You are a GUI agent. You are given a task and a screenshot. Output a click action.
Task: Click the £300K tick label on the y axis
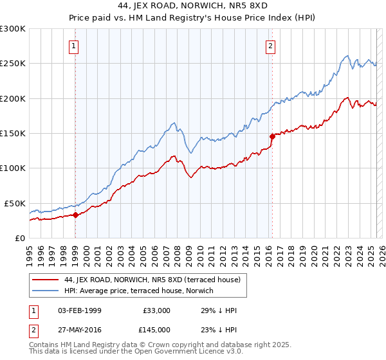point(13,29)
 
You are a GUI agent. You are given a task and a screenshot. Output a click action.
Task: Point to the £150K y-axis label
point(13,133)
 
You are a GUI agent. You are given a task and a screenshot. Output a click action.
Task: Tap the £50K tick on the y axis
point(15,203)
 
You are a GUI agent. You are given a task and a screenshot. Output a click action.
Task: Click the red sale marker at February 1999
point(76,215)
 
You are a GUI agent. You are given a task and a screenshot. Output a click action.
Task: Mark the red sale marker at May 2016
point(272,136)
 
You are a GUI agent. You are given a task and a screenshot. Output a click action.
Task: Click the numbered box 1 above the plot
point(75,46)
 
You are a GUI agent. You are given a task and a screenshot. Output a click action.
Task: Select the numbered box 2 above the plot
point(271,46)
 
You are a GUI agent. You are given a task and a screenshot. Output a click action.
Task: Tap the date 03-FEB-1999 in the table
point(80,310)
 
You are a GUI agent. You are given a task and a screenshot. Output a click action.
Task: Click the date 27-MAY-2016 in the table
point(80,329)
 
